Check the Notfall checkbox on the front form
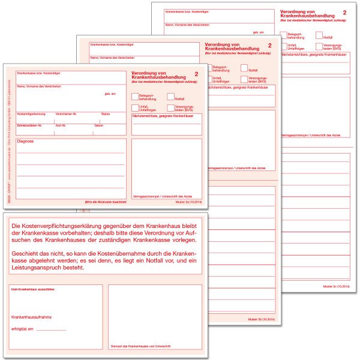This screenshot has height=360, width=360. (x=170, y=97)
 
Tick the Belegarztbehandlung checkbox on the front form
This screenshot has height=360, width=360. (x=135, y=96)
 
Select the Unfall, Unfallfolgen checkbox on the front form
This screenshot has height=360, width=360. (x=135, y=108)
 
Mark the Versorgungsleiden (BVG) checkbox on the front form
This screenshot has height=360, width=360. (x=170, y=108)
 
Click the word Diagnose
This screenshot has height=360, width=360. (x=26, y=142)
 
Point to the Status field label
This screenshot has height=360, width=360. (x=106, y=113)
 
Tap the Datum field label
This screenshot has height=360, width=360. (x=99, y=125)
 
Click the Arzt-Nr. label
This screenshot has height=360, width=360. (x=61, y=125)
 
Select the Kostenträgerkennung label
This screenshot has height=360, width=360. (x=31, y=113)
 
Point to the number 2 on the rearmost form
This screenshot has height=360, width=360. (x=344, y=12)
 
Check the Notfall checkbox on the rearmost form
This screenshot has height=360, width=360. (x=319, y=35)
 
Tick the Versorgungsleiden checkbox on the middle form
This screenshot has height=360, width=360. (x=244, y=79)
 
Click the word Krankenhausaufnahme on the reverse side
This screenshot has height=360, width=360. (x=31, y=317)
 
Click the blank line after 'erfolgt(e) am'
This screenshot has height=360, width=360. (x=51, y=329)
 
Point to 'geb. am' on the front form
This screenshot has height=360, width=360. (x=110, y=94)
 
